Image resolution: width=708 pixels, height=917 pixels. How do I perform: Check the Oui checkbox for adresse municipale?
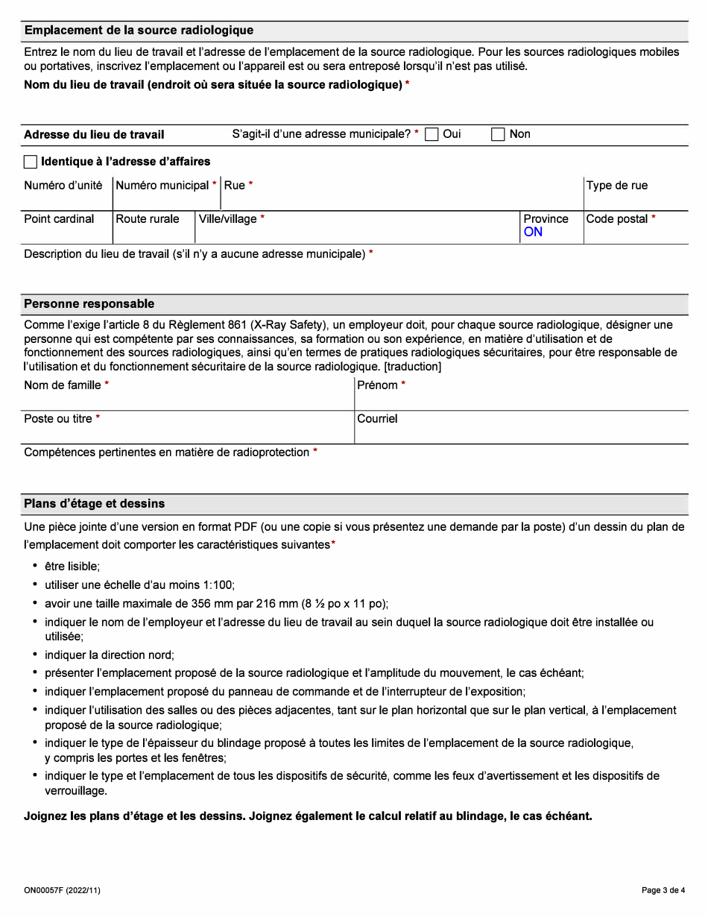point(432,134)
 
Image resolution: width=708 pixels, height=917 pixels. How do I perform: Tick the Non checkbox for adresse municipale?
point(498,134)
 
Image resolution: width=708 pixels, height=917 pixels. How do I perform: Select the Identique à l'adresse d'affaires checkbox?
point(31,162)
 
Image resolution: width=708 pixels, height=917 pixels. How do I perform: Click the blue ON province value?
point(533,232)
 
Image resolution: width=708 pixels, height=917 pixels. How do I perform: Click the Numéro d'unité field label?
point(63,186)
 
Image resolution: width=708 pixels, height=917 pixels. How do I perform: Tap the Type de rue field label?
point(616,186)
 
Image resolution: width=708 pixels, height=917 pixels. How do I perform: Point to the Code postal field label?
point(617,219)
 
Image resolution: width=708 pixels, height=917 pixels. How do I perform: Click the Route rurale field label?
point(148,219)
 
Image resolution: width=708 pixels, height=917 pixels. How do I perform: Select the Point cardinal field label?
point(59,219)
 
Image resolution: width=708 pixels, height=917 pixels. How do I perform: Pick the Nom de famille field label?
point(63,385)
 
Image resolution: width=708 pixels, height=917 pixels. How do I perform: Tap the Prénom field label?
point(378,385)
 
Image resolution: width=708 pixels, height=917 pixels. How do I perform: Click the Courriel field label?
point(377,419)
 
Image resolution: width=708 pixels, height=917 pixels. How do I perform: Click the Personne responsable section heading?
point(89,304)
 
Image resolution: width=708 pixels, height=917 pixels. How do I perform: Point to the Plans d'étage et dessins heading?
point(95,503)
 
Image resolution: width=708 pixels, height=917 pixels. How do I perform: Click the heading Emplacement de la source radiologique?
point(139,31)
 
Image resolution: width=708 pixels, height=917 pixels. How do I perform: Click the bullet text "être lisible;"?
point(72,567)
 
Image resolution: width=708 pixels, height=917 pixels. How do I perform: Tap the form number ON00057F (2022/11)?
point(62,890)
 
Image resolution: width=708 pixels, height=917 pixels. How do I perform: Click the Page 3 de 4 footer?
point(663,890)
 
